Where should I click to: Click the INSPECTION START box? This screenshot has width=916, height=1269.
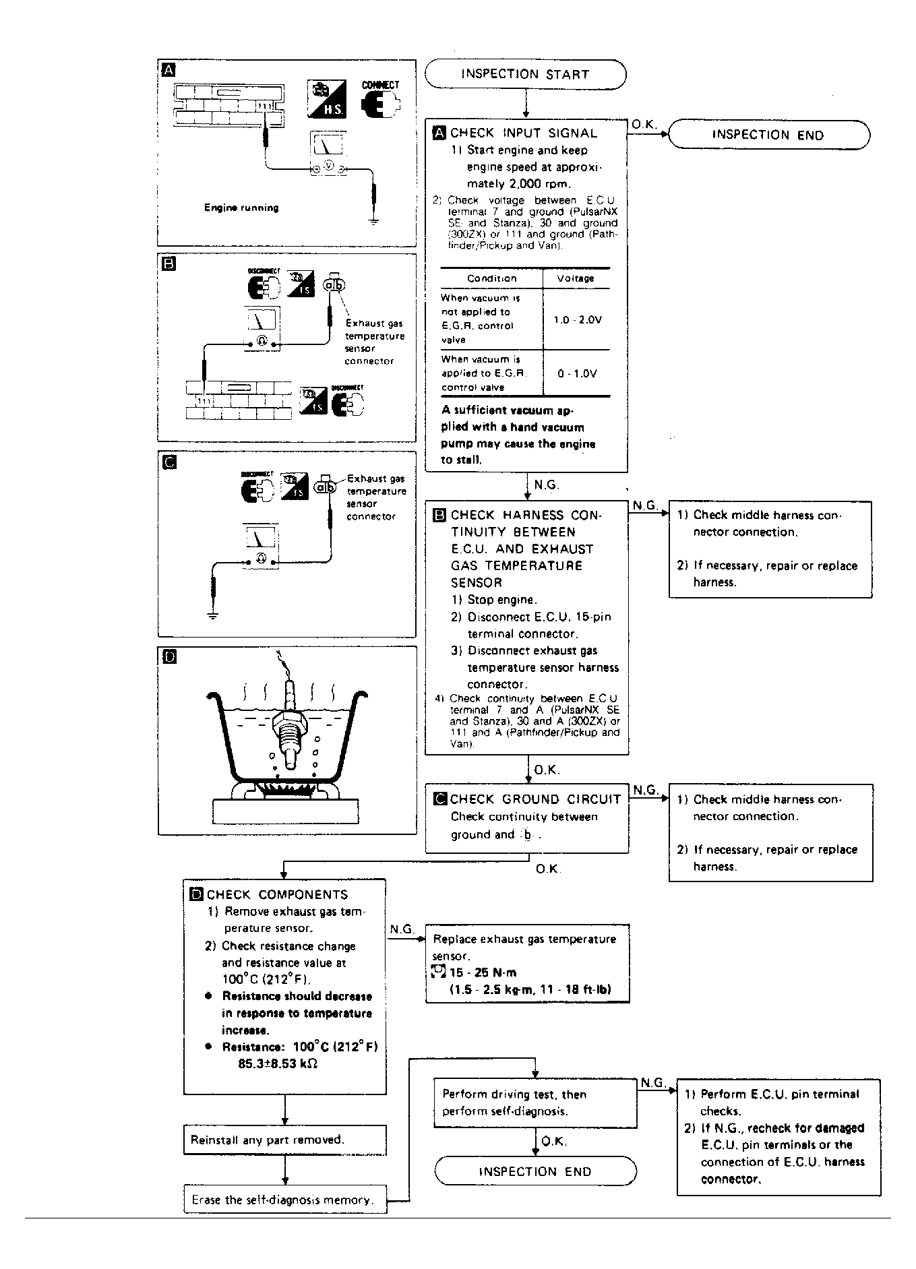525,74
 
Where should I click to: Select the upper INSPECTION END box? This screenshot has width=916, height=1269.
768,135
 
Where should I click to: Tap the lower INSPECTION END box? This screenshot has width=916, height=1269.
535,1171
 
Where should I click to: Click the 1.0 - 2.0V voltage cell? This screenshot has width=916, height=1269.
577,319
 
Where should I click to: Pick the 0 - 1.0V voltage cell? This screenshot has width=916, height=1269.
577,373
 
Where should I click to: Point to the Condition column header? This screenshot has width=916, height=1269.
492,278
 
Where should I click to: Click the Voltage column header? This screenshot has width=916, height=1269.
576,278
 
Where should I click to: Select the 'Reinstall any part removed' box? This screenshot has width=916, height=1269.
284,1140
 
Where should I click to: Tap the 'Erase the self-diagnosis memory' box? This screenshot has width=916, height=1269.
285,1200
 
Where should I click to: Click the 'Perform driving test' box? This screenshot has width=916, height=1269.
535,1103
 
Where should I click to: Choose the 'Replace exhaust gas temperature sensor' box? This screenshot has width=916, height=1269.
527,964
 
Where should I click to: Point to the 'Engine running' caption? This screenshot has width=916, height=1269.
241,208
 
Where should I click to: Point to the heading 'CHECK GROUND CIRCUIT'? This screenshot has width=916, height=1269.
535,799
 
